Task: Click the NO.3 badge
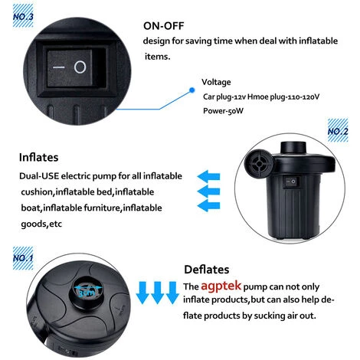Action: click(23, 16)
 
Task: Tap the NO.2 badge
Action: click(338, 130)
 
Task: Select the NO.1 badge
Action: click(23, 258)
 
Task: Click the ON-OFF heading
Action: click(163, 26)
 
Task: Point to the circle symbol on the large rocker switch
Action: click(80, 67)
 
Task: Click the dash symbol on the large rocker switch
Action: click(58, 67)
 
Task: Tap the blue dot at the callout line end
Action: click(192, 90)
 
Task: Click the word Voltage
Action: click(216, 82)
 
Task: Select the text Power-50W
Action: click(223, 111)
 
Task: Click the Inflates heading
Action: click(38, 157)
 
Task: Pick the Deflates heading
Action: click(207, 270)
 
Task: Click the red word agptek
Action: click(221, 286)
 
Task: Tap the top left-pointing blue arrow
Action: click(208, 176)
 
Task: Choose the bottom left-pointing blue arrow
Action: click(208, 205)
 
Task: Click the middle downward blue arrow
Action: click(157, 293)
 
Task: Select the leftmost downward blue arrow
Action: click(142, 293)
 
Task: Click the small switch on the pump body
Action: click(290, 182)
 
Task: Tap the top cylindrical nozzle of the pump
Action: click(293, 148)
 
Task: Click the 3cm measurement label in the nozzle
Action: click(87, 293)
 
